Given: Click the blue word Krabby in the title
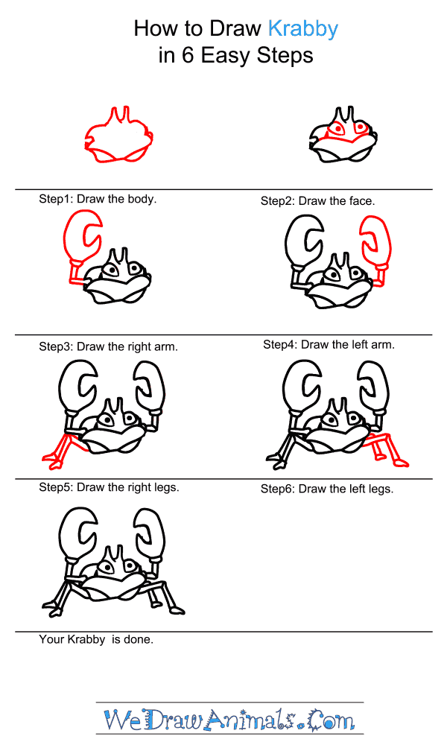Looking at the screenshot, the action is (303, 30).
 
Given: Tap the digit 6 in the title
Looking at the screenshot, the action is (188, 56).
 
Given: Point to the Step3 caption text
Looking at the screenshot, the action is (108, 347).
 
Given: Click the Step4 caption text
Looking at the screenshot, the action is (329, 344).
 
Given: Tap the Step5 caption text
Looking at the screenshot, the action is (110, 487).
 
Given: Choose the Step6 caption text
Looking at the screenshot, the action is (327, 489).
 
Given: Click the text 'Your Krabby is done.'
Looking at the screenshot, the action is (96, 639).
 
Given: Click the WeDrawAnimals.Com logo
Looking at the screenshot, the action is (229, 720).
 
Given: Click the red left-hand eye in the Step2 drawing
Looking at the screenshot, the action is (337, 129).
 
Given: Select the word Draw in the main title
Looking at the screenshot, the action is (235, 30).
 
